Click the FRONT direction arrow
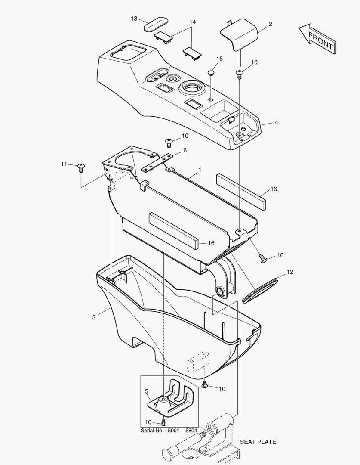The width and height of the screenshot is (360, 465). coord(317,38)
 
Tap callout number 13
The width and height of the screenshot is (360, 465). coord(134,19)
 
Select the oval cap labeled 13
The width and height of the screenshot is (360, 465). coord(156,24)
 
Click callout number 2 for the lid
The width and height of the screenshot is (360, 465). coord(270,24)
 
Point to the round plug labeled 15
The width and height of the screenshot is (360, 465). coord(211,72)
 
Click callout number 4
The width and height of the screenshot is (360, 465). coord(276,122)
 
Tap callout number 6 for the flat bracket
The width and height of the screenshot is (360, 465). coord(185,150)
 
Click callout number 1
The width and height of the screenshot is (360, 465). coord(200,170)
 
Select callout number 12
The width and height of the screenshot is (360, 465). coord(290,272)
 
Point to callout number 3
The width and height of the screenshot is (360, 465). coord(94,317)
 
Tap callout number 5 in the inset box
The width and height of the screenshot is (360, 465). coord(146,391)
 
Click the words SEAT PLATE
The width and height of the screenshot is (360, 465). coord(258,442)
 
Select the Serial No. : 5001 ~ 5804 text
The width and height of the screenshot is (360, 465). coord(169,430)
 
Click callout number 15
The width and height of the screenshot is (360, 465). coord(219,59)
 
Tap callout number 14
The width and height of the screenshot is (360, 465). coord(193,22)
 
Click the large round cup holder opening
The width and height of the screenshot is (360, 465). coord(191,87)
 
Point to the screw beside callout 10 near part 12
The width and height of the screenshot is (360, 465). coord(263,258)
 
